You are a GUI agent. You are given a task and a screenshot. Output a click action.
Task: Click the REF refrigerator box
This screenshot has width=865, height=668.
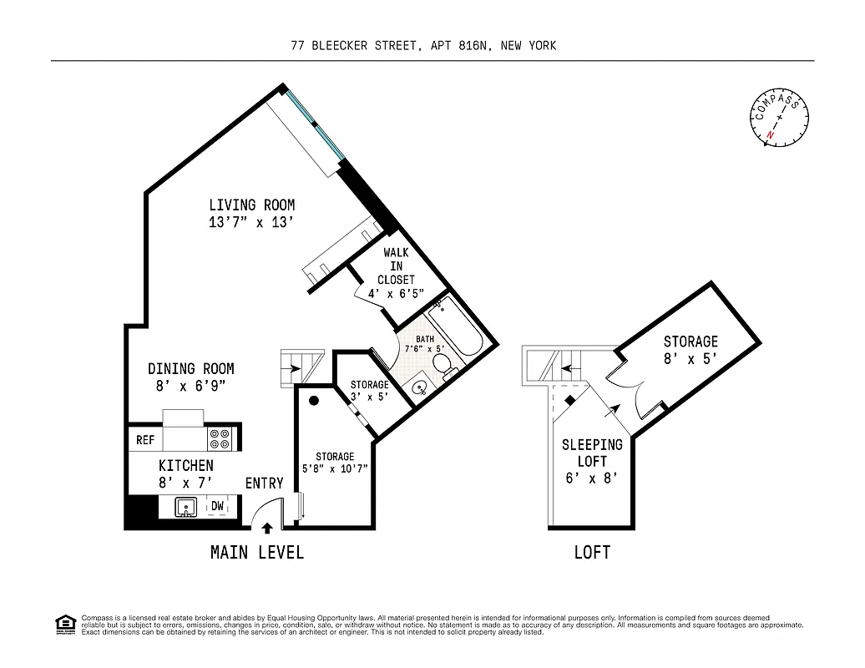[x=145, y=439]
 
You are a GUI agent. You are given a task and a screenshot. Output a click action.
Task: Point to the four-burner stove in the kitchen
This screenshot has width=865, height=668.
[x=220, y=439]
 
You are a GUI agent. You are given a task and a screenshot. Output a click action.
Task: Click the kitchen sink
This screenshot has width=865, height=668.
[x=186, y=506]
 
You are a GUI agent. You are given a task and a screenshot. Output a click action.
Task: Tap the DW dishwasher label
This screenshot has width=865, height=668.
[x=217, y=506]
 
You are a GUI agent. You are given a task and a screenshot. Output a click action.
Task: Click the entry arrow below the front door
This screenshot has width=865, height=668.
[x=267, y=528]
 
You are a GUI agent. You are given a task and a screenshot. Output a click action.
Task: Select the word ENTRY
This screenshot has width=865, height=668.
[x=264, y=483]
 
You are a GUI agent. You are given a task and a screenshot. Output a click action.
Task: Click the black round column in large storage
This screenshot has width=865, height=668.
[x=315, y=401]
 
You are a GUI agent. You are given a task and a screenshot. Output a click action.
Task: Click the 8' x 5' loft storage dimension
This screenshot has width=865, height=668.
[x=690, y=358]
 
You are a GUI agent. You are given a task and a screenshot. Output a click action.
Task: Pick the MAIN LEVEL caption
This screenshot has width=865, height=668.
[x=256, y=553]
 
